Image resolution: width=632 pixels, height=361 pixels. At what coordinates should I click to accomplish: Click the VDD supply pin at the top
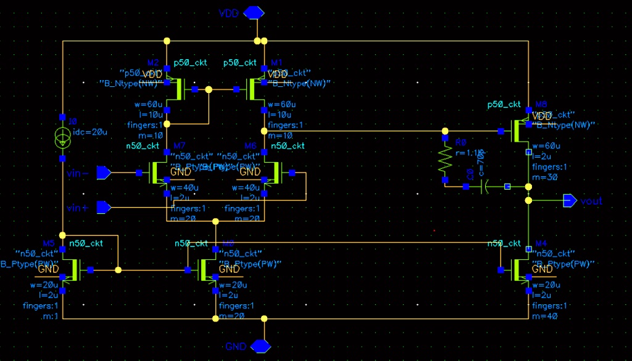[255, 13]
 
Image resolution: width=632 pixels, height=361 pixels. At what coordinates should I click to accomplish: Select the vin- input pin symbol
[104, 173]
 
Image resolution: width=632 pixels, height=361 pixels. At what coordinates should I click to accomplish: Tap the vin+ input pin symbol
[104, 207]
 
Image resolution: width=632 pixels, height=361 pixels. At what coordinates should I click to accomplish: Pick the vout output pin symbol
[569, 201]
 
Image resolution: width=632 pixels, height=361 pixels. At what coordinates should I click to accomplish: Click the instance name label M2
[153, 63]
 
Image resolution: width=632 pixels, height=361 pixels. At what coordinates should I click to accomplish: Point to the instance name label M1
[276, 63]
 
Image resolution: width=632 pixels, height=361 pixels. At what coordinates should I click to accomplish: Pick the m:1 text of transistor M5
[51, 317]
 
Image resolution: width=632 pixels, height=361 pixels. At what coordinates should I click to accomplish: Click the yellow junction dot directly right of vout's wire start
[528, 201]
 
